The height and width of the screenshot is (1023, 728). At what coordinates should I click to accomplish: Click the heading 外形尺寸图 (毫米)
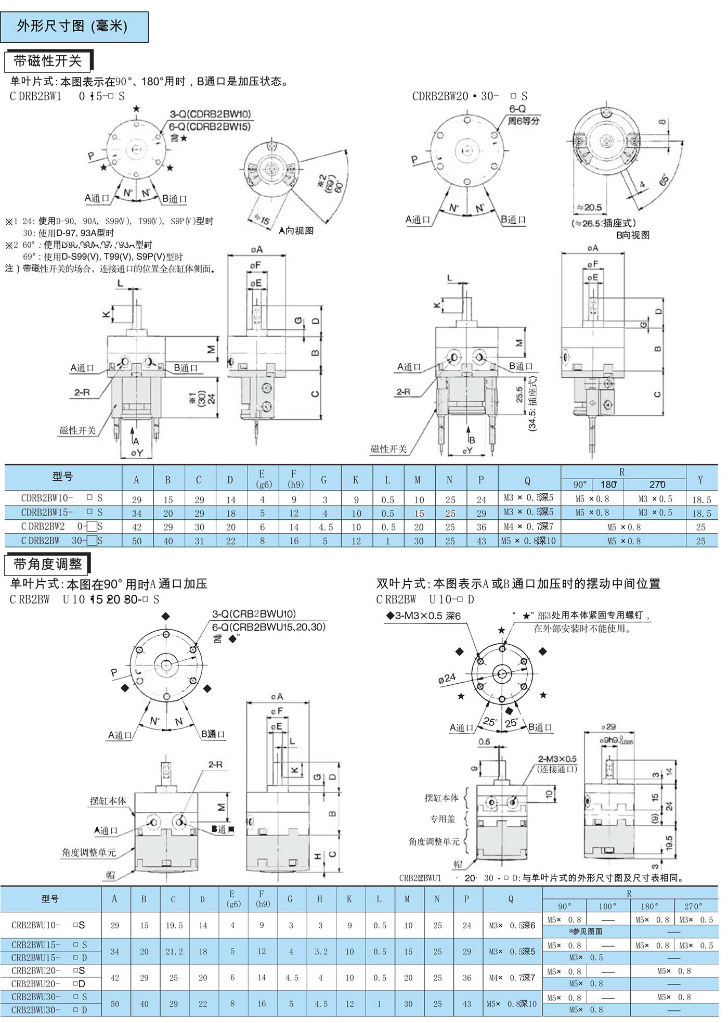[72, 27]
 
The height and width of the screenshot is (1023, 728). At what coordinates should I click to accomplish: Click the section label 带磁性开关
[48, 61]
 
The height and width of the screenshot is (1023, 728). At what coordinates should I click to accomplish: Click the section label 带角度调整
[48, 564]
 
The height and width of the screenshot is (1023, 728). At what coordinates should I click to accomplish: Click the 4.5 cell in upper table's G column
[326, 527]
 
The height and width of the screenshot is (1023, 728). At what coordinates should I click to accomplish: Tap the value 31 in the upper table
[199, 541]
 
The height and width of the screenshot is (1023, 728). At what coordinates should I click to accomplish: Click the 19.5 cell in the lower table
[174, 926]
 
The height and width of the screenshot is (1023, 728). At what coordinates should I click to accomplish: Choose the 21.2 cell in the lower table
[174, 952]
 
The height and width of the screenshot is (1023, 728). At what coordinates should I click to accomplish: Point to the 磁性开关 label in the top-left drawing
[77, 430]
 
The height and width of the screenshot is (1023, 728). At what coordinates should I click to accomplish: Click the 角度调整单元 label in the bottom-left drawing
[89, 852]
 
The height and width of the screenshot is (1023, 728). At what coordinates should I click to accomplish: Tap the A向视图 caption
[296, 231]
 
